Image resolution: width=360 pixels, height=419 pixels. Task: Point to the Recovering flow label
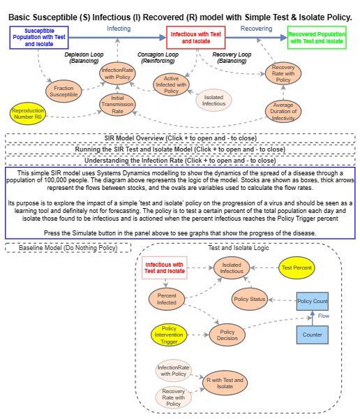point(256,29)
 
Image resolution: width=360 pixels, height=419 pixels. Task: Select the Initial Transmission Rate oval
point(122,105)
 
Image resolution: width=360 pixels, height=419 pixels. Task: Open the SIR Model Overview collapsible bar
point(180,138)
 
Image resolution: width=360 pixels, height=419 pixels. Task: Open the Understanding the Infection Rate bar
point(180,159)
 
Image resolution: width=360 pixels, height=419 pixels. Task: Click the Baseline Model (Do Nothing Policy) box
point(68,248)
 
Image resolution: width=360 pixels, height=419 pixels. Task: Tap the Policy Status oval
point(249,299)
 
